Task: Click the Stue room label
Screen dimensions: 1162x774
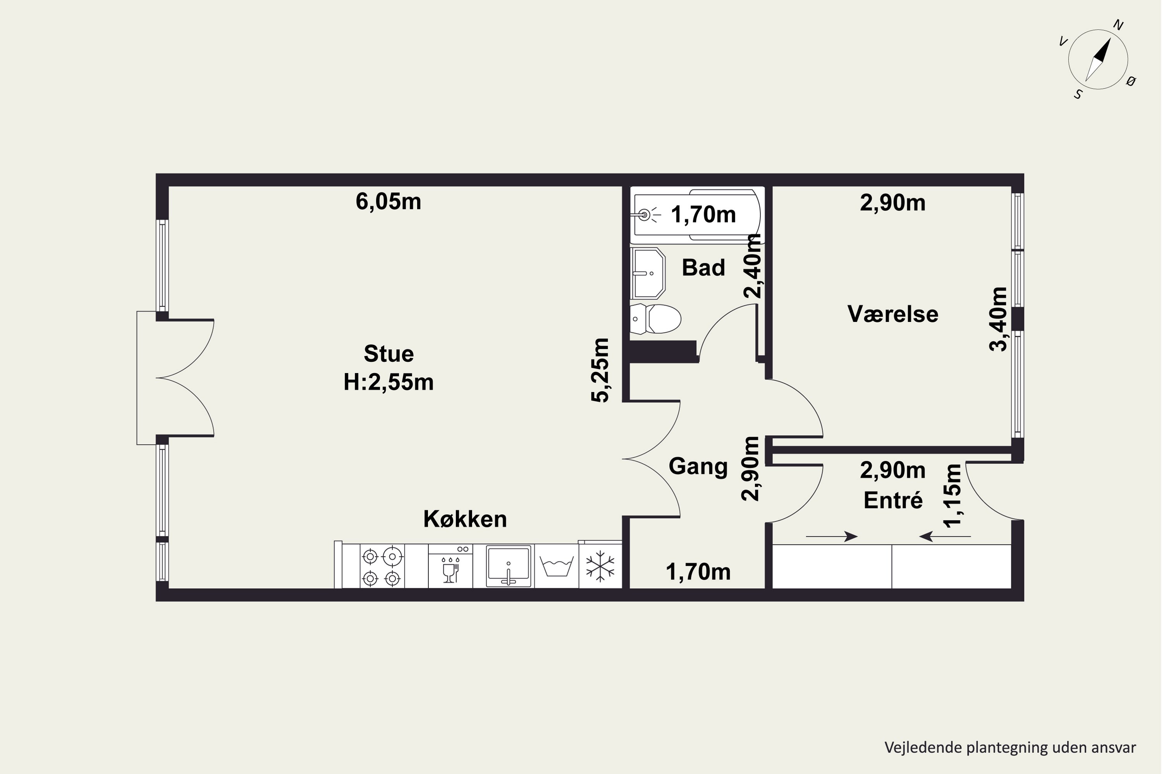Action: tap(388, 353)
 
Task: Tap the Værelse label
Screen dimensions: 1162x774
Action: tap(893, 314)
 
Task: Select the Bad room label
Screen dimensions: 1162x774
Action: tap(703, 267)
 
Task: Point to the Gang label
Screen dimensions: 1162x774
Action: tap(698, 466)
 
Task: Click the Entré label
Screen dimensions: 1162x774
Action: tap(893, 500)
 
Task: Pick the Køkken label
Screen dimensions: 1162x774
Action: tap(465, 519)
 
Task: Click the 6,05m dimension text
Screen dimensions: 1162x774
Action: tap(388, 202)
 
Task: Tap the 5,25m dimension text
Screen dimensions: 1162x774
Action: tap(601, 370)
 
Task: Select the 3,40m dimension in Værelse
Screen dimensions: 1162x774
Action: tap(998, 319)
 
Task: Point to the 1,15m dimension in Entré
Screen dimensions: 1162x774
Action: tap(952, 496)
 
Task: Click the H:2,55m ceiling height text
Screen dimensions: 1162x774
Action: tap(388, 382)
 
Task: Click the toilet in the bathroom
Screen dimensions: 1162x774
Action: tap(656, 319)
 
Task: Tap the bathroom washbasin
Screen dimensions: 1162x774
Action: tap(648, 273)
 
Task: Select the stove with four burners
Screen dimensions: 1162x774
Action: tap(382, 566)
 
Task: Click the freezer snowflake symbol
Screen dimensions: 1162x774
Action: tap(600, 566)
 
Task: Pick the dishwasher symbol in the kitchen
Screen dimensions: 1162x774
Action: tap(450, 566)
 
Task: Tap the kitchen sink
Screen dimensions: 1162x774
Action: tap(508, 566)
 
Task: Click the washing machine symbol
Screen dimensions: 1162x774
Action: tap(556, 567)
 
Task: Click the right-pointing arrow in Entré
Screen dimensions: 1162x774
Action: tap(832, 536)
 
